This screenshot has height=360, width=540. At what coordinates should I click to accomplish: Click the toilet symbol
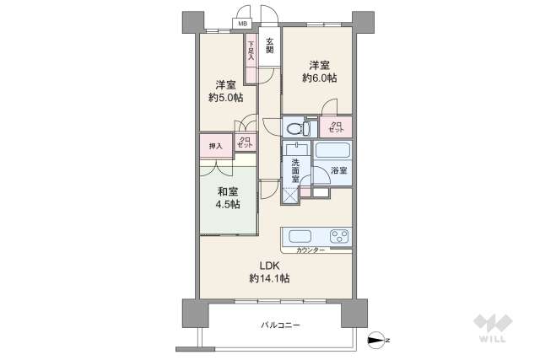click(296, 129)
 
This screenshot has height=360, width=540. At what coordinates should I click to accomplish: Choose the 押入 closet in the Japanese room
click(215, 146)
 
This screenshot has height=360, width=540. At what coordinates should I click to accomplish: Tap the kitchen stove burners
click(340, 236)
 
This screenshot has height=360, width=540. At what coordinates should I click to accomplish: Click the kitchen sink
click(300, 236)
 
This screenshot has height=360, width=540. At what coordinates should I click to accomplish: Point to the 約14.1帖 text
click(269, 277)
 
